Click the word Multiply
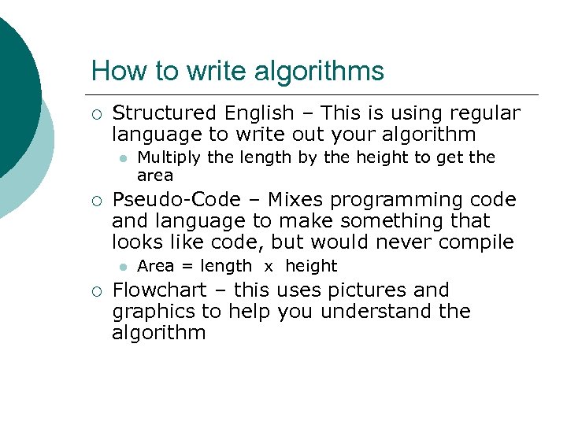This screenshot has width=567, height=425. coord(168,158)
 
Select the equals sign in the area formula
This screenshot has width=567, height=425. coord(187,267)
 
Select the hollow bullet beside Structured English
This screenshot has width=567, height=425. coord(96,115)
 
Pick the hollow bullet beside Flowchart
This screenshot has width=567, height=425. coord(96,291)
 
